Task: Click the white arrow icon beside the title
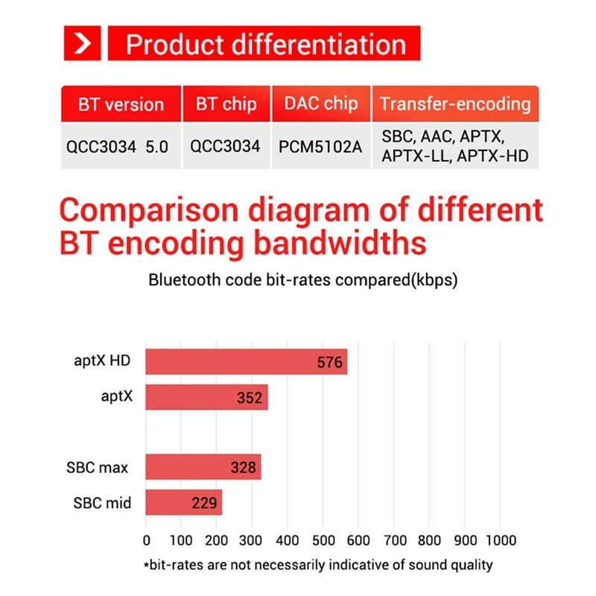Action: tap(82, 43)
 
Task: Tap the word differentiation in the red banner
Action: tap(319, 45)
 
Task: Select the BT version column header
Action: tap(121, 104)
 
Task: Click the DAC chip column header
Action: tap(321, 104)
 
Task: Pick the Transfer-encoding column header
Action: tap(455, 104)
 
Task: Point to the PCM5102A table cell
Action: tap(320, 147)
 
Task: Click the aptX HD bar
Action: tap(247, 361)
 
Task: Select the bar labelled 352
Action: tap(207, 397)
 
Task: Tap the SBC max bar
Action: tap(203, 467)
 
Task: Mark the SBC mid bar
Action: tap(183, 502)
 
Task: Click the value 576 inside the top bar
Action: tap(329, 362)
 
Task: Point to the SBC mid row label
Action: tap(102, 503)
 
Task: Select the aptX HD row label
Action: tap(102, 361)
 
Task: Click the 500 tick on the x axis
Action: tap(323, 540)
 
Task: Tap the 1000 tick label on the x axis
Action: tap(501, 540)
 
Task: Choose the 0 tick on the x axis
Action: tap(146, 540)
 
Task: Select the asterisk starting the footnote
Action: tap(146, 565)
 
